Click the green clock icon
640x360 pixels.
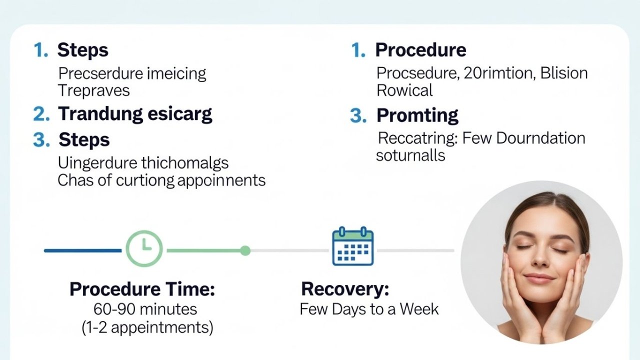(144, 247)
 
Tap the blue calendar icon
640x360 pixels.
(353, 246)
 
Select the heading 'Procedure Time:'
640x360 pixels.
(142, 289)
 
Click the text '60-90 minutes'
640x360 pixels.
(145, 308)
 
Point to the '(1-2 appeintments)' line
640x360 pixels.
(147, 327)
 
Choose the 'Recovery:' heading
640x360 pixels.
(345, 289)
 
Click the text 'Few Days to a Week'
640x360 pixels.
(369, 308)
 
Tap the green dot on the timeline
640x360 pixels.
(245, 250)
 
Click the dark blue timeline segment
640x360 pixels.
(82, 250)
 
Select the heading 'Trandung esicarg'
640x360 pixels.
(135, 114)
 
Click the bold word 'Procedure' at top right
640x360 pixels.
(420, 50)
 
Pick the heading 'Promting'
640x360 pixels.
(417, 115)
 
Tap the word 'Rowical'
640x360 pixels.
(404, 90)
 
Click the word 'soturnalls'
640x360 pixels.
(410, 155)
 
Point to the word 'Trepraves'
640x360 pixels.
(93, 90)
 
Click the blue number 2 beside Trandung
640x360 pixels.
(41, 114)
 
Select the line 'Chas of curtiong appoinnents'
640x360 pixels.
(161, 180)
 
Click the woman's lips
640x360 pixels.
(539, 277)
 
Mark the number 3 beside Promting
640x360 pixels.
(358, 116)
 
